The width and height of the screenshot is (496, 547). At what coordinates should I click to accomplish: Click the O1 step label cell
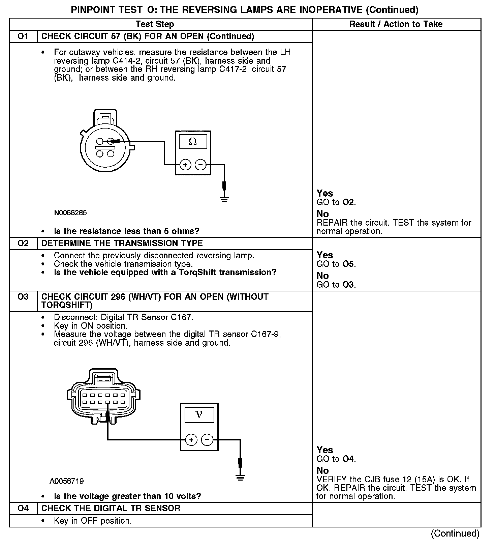[23, 36]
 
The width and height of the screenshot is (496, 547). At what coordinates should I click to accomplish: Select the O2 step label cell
[23, 243]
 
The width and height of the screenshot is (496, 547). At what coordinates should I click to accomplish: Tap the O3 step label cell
[23, 297]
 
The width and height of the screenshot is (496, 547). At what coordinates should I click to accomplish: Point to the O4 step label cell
[23, 508]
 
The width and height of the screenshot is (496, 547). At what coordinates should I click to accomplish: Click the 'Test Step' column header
[155, 24]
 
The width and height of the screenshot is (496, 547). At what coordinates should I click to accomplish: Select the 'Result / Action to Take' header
[396, 24]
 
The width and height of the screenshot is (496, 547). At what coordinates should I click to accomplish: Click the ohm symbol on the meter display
[193, 142]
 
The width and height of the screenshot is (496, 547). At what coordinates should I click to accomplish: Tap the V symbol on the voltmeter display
[199, 414]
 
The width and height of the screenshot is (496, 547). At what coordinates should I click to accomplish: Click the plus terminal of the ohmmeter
[185, 165]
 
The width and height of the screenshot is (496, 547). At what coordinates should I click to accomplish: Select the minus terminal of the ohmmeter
[200, 165]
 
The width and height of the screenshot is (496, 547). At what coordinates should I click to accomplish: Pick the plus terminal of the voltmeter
[191, 440]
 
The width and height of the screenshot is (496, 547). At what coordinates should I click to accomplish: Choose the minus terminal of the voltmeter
[207, 440]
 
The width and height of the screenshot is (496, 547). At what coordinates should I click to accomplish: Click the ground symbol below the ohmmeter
[225, 199]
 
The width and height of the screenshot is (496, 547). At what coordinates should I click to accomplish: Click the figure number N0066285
[70, 213]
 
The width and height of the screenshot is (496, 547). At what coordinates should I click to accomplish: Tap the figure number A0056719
[66, 481]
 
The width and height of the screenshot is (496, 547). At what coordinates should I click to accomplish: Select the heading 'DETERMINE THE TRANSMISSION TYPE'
[122, 243]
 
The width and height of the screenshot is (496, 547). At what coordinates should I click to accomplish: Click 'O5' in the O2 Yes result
[348, 264]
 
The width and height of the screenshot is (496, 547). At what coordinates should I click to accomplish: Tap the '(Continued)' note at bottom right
[455, 533]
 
